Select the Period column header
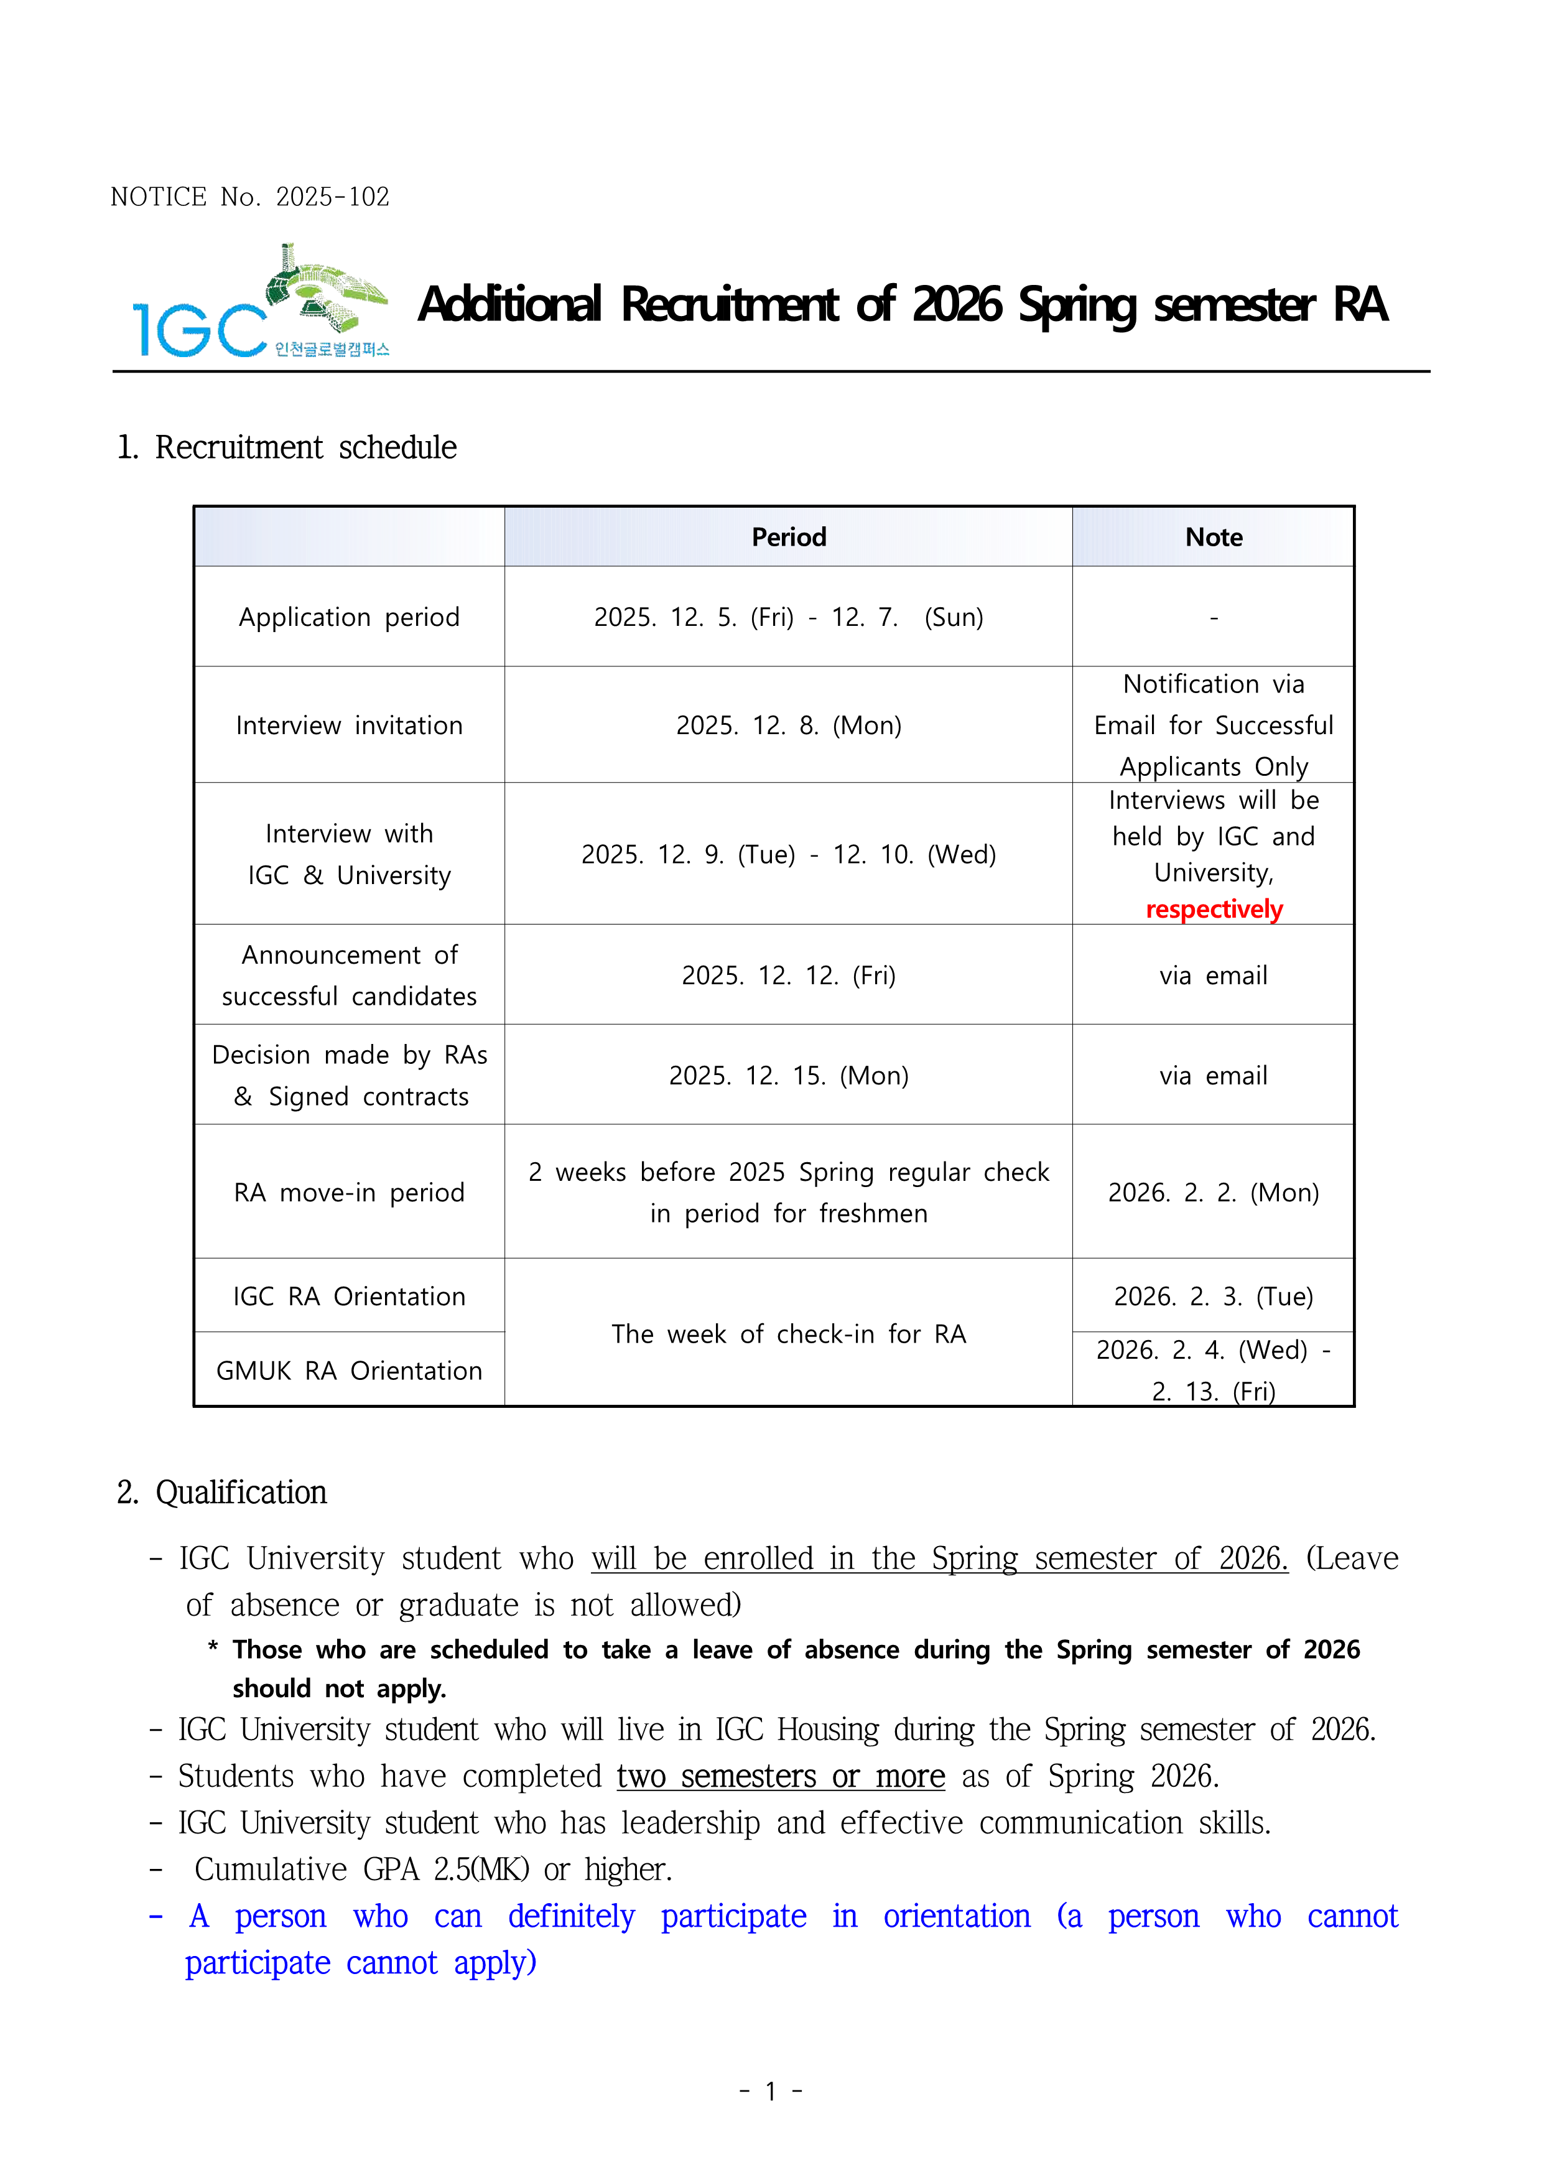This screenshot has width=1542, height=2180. [x=788, y=538]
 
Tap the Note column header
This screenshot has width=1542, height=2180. [x=1214, y=538]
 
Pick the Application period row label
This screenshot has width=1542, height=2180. [x=348, y=617]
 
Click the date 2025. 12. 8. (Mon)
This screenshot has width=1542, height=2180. [x=788, y=725]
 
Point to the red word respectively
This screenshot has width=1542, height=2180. [x=1214, y=910]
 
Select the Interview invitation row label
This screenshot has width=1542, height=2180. [x=348, y=725]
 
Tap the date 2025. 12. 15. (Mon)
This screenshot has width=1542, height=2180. [x=788, y=1076]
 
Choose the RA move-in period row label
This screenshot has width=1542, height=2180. [x=348, y=1193]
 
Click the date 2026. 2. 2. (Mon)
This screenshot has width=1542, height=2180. [x=1214, y=1193]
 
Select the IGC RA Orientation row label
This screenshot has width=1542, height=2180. [x=348, y=1297]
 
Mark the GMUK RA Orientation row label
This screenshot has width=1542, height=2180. [x=348, y=1371]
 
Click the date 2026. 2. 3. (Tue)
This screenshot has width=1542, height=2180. [x=1214, y=1297]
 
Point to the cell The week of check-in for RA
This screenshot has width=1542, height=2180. [x=788, y=1334]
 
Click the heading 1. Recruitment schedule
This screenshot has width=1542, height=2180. [x=287, y=447]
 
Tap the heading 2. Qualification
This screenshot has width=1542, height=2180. [x=222, y=1493]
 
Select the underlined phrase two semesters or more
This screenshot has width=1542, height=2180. [x=781, y=1776]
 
